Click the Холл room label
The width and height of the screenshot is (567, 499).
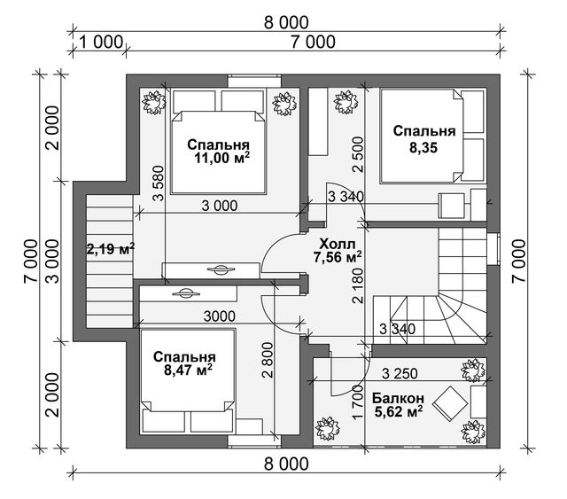pos(338,244)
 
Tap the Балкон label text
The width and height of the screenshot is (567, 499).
pos(398,399)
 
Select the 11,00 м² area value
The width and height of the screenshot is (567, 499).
pos(222,158)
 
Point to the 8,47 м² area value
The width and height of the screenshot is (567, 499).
pos(188,370)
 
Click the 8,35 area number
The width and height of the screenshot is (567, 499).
pos(423,148)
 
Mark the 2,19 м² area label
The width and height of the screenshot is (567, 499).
pos(111,248)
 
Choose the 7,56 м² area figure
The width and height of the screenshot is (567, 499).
pos(338,257)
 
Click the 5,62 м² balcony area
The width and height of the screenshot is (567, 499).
pos(398,412)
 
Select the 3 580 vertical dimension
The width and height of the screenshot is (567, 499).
pos(158,183)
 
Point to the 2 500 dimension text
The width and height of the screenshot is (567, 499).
pos(358,154)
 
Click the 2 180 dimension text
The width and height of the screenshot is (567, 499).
pos(358,285)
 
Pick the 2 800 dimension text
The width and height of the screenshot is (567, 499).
pos(268,360)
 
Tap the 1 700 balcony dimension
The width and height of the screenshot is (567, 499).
pos(358,402)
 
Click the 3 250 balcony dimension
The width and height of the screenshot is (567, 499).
pos(400,373)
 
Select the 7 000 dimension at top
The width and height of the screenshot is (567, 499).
pos(313,42)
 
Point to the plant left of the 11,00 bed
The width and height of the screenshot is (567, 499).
pos(154,103)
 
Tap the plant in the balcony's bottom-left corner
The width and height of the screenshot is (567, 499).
pos(328,429)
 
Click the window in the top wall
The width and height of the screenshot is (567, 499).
pos(255,81)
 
